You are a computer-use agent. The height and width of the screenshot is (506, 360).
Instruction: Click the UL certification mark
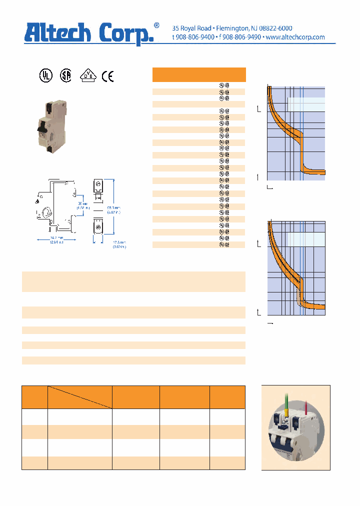point(45,75)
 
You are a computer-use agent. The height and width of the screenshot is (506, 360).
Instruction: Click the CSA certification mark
point(65,75)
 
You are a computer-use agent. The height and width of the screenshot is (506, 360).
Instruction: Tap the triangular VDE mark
point(89,75)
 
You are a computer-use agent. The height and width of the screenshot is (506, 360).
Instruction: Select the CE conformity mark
point(107,76)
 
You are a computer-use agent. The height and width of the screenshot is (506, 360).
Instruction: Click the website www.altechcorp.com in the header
point(295,37)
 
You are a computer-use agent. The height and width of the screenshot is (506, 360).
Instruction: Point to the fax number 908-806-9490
point(241,37)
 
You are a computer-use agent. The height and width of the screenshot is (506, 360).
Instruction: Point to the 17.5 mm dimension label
point(119,244)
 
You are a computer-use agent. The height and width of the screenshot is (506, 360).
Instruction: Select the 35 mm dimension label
point(83,205)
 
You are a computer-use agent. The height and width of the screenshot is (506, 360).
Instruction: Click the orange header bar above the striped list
point(198,74)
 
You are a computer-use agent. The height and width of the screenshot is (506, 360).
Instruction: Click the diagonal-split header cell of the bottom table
point(79,397)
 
